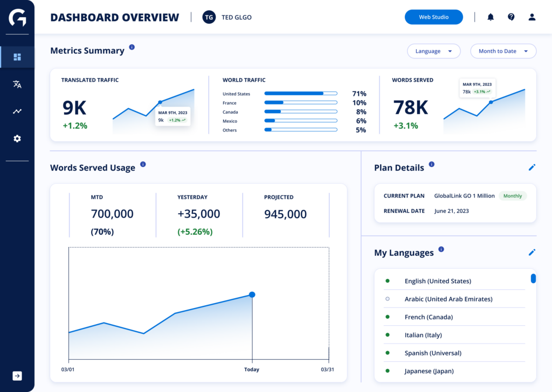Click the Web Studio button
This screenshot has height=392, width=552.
tap(434, 17)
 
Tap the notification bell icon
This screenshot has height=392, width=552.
tap(491, 17)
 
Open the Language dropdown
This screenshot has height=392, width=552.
tap(434, 51)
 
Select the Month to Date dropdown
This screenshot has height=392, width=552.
tap(503, 51)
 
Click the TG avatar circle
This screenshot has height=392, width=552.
tap(209, 17)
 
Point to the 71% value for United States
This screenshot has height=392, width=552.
tap(359, 94)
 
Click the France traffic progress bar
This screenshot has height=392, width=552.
tap(301, 103)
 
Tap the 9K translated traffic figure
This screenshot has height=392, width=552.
tap(74, 108)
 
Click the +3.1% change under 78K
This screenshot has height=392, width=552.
tap(405, 125)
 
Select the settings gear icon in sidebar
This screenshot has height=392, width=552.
tap(17, 138)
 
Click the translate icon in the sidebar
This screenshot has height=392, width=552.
tap(17, 84)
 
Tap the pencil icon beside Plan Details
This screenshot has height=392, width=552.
tap(532, 167)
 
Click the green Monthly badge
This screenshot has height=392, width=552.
tap(513, 196)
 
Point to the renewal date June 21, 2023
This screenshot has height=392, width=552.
tap(451, 211)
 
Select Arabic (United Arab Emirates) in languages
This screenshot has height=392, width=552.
tap(448, 299)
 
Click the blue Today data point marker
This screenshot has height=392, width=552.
tap(252, 295)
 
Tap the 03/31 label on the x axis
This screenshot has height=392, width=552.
tap(327, 369)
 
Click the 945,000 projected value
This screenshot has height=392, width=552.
tap(285, 214)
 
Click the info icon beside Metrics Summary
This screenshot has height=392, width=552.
tap(132, 47)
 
